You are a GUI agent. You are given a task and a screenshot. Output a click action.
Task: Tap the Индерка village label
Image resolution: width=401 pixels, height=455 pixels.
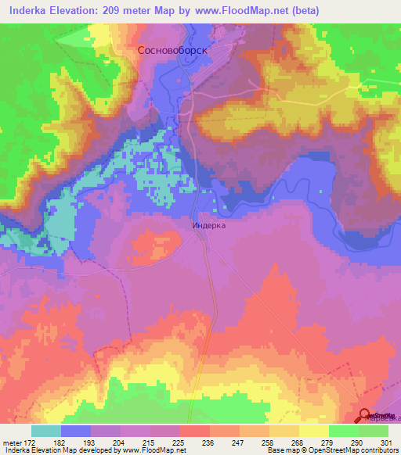[209, 224]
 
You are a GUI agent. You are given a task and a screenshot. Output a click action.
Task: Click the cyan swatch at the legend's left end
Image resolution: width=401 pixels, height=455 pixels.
[46, 432]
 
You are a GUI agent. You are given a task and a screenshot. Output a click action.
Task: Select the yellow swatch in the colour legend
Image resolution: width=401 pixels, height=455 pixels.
[313, 432]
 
